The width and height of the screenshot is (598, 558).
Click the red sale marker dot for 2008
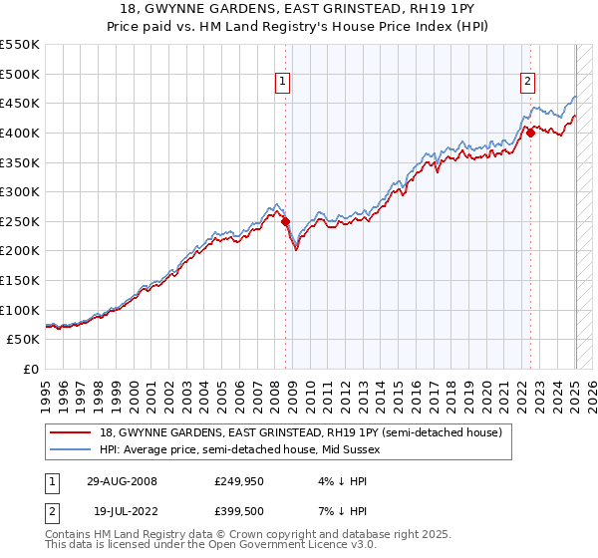point(286,222)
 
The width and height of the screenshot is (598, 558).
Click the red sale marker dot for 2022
point(531,133)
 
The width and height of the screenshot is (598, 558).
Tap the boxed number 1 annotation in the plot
point(284,83)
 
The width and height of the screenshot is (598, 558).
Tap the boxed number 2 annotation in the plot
point(527,83)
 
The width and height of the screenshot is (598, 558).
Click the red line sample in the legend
point(72,431)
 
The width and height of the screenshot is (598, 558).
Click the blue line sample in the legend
point(72,449)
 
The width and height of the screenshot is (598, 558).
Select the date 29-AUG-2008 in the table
point(123,480)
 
